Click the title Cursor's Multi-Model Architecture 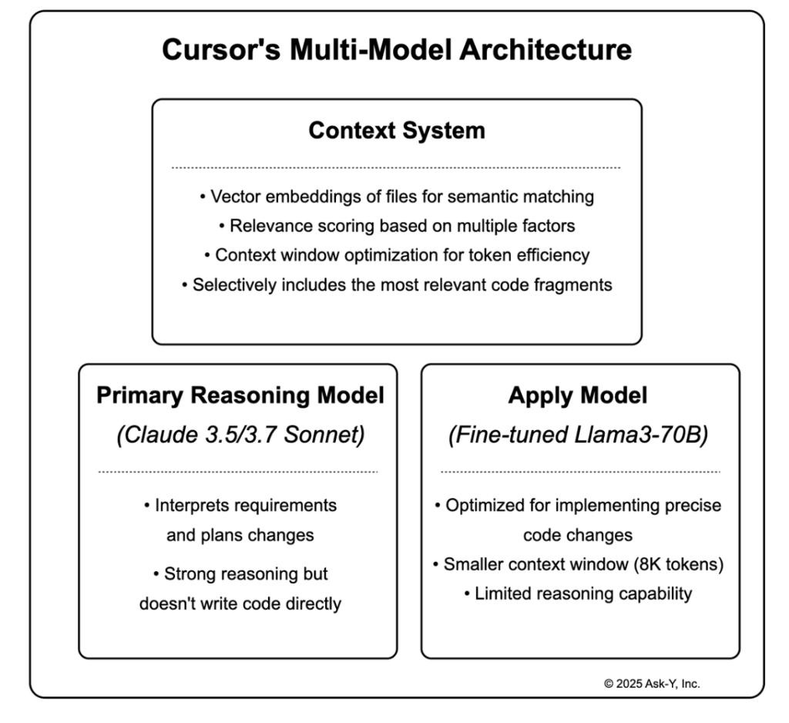pos(397,50)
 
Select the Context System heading pos(397,130)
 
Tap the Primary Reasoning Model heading pos(240,396)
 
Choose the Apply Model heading pos(578,396)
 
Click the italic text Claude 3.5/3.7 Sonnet pos(240,435)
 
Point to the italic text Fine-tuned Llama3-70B pos(578,435)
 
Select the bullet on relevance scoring pos(397,226)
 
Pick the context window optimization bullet pos(397,255)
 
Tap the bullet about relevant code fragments pos(397,284)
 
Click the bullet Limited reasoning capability pos(578,594)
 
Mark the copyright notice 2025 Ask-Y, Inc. pos(652,683)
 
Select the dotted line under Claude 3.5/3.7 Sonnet pos(238,472)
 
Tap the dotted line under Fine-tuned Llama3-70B pos(580,472)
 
